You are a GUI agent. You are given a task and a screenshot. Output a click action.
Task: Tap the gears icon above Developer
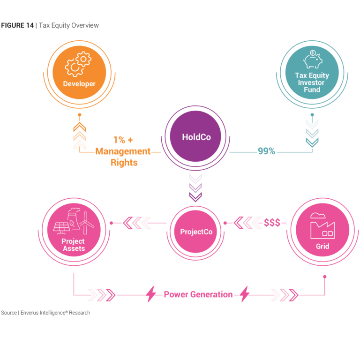[x=78, y=64]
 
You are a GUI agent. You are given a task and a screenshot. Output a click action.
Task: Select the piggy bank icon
[x=312, y=60]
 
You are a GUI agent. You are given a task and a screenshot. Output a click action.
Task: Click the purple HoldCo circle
[x=196, y=137]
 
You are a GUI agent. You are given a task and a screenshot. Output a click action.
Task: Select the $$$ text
[x=272, y=223]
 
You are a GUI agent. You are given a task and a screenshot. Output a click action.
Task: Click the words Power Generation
[x=198, y=294]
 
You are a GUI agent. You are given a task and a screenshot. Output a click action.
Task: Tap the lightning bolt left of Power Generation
[x=151, y=294]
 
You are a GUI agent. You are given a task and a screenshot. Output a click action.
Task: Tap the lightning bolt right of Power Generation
[x=245, y=294]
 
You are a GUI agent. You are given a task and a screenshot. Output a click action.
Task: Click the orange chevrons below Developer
[x=80, y=135]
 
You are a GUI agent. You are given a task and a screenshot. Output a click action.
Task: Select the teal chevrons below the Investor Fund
[x=312, y=133]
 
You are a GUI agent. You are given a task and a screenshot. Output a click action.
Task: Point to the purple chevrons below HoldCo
[x=195, y=188]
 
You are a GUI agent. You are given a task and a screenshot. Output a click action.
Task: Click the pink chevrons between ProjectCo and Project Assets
[x=136, y=223]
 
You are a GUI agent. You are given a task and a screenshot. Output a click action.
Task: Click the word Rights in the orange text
[x=124, y=163]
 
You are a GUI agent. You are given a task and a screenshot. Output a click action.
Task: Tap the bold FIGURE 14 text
[x=17, y=25]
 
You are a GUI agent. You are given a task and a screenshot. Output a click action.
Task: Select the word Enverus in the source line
[x=30, y=313]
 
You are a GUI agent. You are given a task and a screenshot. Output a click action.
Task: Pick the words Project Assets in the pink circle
[x=74, y=245]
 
